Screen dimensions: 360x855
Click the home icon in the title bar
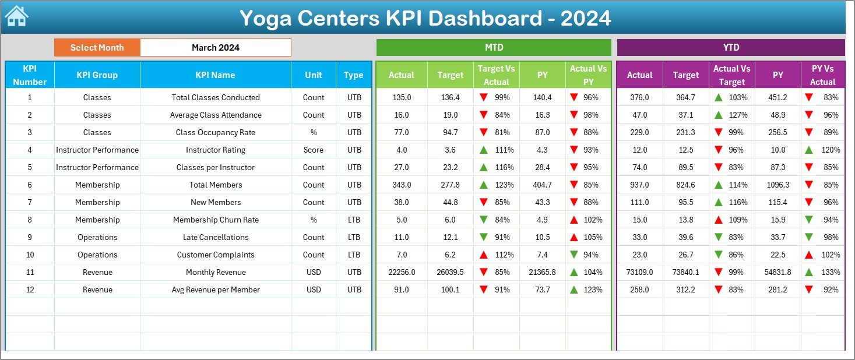coord(16,16)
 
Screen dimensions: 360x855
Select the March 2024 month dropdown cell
coord(215,48)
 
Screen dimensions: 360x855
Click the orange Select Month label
coord(97,48)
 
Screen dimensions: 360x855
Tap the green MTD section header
coord(494,48)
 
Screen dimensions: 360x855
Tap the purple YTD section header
coord(731,48)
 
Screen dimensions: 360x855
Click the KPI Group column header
coord(97,75)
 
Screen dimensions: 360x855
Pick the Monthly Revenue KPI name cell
coord(216,272)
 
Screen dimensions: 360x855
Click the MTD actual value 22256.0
coord(401,272)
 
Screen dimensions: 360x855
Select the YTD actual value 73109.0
coord(639,272)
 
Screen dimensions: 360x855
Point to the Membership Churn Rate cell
coord(216,220)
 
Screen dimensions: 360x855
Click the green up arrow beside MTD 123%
coord(483,185)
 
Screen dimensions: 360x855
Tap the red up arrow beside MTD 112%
coord(483,255)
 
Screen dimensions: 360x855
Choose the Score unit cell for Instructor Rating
coord(314,150)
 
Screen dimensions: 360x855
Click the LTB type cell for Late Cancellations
coord(354,237)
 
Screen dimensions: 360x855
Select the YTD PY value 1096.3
coord(778,185)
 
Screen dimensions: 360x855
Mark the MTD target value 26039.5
coord(450,272)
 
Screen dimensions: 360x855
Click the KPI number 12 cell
coord(30,290)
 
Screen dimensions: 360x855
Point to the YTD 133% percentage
coord(831,272)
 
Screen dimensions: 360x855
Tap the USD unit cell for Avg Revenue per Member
coord(314,290)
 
